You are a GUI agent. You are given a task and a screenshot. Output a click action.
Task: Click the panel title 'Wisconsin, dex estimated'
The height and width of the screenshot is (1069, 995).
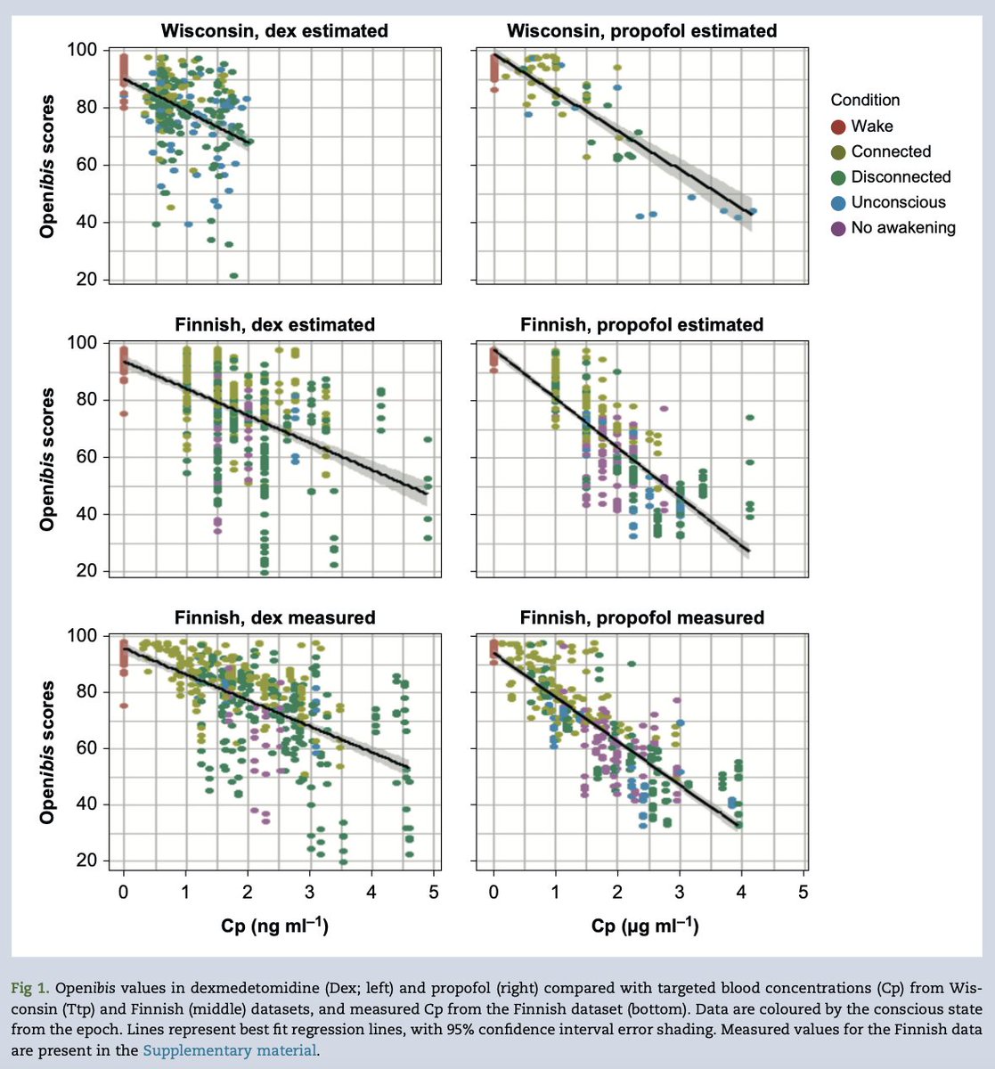point(274,31)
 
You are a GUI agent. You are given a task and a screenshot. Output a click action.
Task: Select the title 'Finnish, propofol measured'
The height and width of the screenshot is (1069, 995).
point(641,617)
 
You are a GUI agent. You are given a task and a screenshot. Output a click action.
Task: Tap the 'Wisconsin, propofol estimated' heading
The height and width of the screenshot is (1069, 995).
point(641,31)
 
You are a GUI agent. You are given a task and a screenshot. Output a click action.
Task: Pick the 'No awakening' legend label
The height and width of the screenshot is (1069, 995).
point(903,228)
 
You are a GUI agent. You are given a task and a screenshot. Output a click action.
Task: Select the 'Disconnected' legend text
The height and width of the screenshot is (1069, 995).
point(901,177)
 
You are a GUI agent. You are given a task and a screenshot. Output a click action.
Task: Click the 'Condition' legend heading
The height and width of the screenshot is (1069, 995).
point(865,101)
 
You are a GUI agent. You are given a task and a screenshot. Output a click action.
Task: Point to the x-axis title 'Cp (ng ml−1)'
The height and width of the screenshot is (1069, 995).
point(274,927)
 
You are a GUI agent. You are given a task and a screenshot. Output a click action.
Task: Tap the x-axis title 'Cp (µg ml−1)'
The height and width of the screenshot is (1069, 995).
point(645,927)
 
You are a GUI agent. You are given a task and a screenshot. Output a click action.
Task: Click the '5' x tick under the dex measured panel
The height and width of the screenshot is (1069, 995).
point(433,893)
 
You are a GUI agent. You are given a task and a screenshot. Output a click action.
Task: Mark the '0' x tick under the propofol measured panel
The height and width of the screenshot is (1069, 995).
point(493,893)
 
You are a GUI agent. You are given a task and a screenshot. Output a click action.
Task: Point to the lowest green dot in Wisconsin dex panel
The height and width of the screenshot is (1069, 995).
point(234,275)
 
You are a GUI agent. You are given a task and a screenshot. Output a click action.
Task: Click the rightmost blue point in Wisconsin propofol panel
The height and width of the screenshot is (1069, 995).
point(753,212)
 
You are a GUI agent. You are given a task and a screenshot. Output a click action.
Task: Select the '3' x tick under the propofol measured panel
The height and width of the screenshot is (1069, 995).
point(680,893)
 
